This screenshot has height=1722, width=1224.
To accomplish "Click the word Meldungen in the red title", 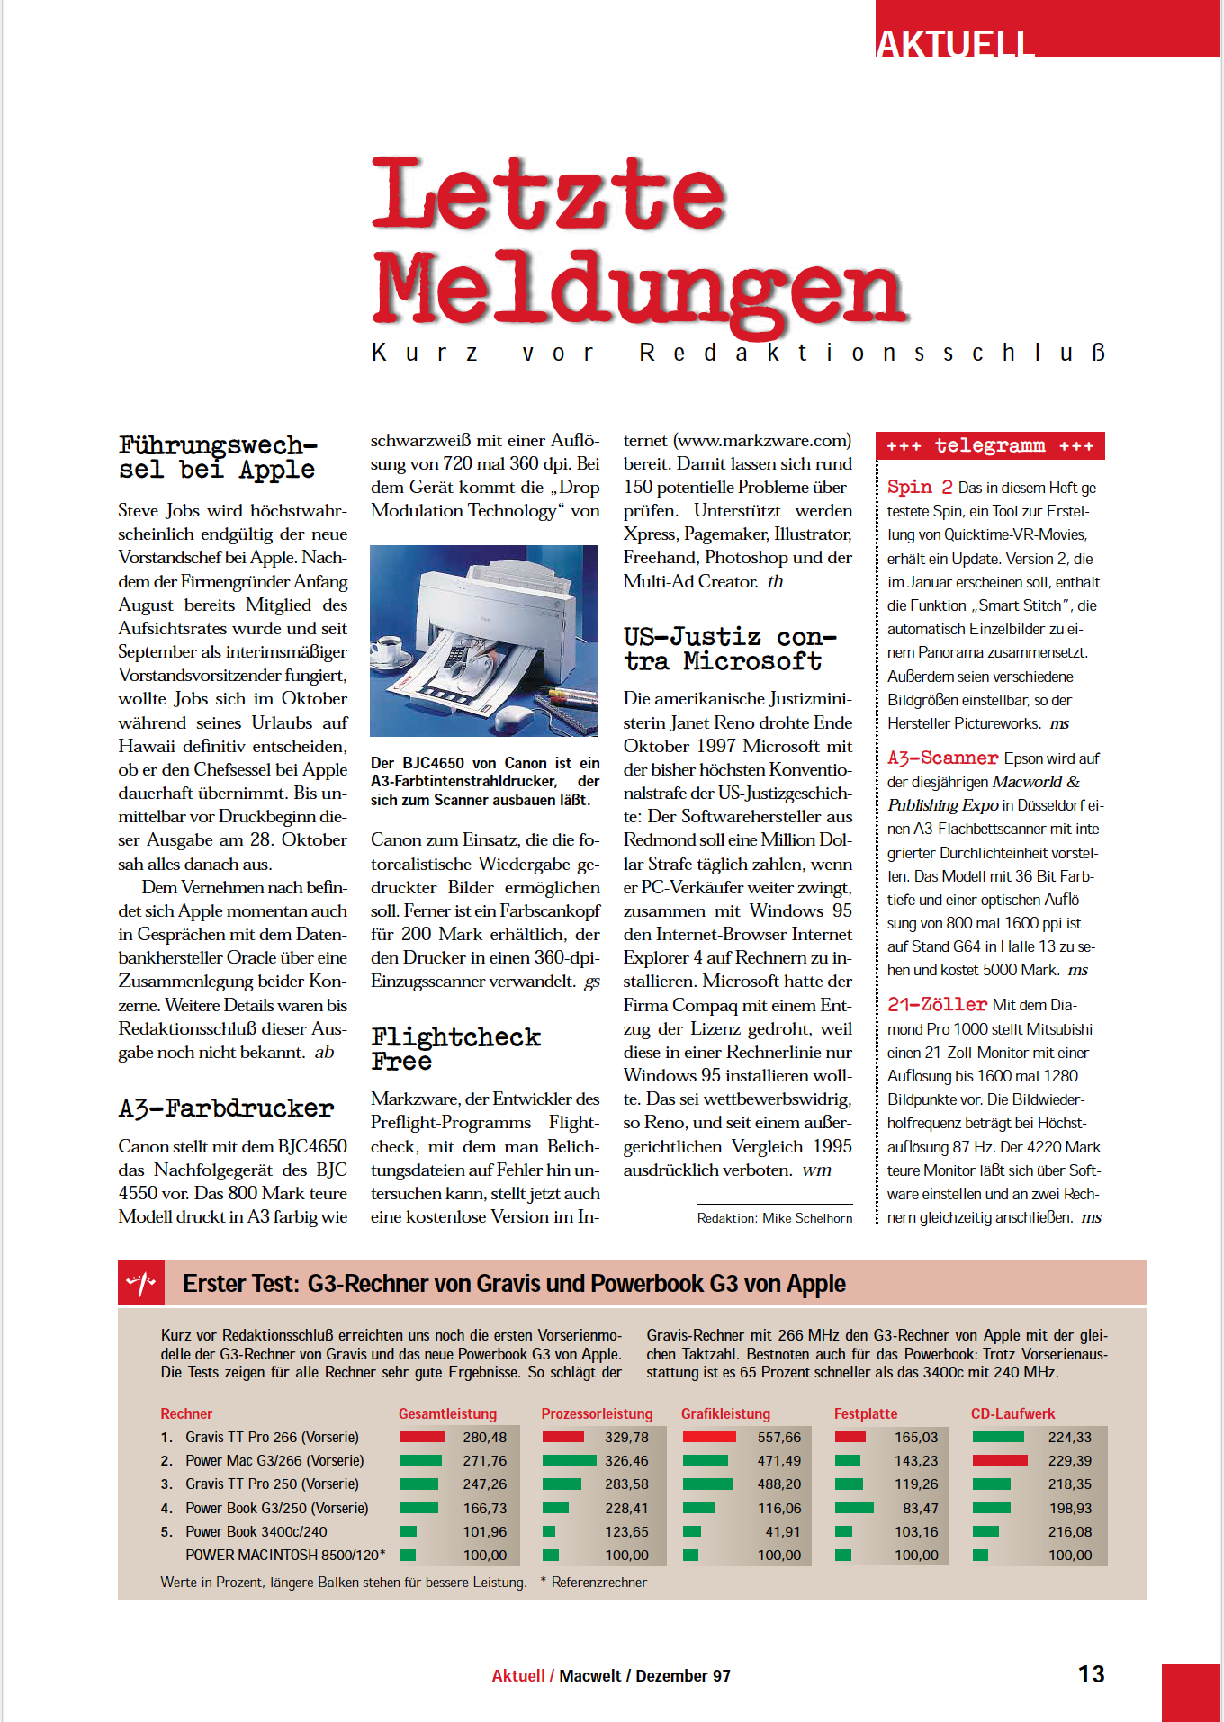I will (639, 290).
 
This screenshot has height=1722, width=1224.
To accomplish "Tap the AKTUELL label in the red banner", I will (955, 43).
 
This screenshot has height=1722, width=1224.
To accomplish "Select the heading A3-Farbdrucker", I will (226, 1108).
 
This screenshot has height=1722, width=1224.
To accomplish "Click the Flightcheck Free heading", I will (455, 1048).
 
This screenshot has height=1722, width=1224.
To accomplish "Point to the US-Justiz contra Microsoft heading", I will (729, 649).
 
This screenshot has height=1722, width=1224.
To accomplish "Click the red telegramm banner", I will (990, 445).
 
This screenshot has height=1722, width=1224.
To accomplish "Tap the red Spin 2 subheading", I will (919, 488).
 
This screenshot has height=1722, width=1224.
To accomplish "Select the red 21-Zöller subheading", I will (937, 1004).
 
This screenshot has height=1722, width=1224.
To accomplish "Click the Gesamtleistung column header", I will (447, 1413).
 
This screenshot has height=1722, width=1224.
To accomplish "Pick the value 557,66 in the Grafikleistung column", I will (778, 1438).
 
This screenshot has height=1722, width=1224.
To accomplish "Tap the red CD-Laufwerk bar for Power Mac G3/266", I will (1000, 1460).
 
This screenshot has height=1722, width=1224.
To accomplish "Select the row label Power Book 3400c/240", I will (256, 1531).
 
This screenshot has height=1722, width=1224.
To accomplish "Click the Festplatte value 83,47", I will (920, 1508).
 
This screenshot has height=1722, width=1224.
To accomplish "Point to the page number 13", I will (1091, 1674).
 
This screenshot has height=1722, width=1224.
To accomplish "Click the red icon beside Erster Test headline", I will (141, 1282).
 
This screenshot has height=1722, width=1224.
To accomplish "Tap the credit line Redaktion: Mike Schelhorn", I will (775, 1218).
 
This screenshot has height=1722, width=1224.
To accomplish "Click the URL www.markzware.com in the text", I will (763, 441).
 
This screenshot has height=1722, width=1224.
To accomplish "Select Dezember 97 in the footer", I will (683, 1675).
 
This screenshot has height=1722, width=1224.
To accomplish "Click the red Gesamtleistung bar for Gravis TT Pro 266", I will (422, 1437).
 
